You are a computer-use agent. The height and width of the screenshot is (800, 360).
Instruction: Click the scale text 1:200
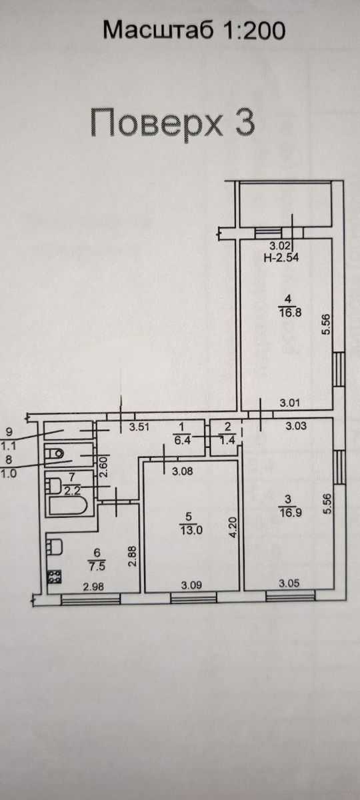(254, 30)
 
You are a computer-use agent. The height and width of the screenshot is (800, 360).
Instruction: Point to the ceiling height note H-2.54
(281, 257)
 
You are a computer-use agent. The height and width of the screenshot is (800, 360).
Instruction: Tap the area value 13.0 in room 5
(191, 530)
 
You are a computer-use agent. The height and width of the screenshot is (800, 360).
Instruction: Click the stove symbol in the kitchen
(54, 577)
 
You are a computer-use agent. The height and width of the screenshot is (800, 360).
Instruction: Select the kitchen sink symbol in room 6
(55, 547)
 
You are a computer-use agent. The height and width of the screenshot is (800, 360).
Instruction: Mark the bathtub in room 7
(68, 506)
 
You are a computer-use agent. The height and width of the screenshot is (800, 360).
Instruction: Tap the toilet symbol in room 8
(54, 454)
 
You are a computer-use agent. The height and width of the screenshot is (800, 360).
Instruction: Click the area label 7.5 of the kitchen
(97, 566)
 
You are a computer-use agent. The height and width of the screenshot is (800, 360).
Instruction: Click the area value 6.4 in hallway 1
(182, 439)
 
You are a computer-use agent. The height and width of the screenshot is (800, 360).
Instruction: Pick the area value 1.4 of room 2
(227, 440)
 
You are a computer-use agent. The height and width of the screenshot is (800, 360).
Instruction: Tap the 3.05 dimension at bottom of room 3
(289, 583)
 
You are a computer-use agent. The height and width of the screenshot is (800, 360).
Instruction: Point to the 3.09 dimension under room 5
(191, 585)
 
